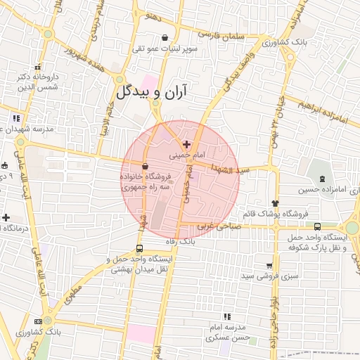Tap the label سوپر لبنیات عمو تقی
click(165, 49)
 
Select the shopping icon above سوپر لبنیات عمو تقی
click(165, 38)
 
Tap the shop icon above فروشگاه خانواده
click(145, 167)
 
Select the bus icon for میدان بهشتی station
click(139, 248)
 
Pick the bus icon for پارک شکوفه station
click(318, 226)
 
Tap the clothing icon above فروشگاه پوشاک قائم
click(283, 203)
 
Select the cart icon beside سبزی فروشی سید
click(269, 266)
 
